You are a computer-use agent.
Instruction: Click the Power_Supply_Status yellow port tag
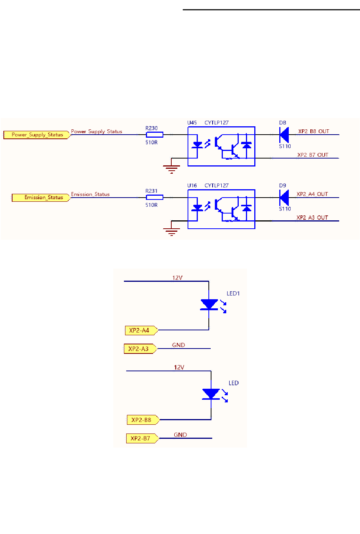[37, 135]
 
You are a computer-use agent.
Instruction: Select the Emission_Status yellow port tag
[41, 198]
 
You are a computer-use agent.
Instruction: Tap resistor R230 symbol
[155, 135]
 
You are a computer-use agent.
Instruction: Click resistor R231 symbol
[155, 197]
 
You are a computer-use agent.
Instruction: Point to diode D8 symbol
[284, 135]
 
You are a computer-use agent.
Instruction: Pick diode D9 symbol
[284, 197]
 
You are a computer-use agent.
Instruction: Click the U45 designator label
[192, 123]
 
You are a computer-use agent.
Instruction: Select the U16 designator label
[192, 185]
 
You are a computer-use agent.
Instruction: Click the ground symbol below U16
[171, 232]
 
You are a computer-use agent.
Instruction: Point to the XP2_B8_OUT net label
[313, 131]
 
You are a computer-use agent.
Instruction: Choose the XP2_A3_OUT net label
[312, 217]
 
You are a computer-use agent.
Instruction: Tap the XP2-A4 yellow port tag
[141, 330]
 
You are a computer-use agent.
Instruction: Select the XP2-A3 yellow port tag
[140, 349]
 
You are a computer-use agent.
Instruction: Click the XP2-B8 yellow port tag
[143, 420]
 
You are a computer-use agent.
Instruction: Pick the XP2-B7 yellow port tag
[142, 438]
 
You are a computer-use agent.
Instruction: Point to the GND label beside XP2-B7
[180, 435]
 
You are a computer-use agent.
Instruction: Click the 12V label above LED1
[177, 278]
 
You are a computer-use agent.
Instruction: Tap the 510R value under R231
[152, 205]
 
